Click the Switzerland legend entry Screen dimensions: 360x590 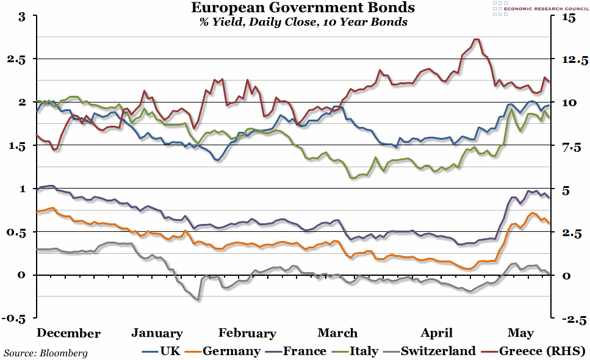tap(428, 351)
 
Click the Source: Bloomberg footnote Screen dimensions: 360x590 tap(46, 353)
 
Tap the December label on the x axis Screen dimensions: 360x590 tap(68, 333)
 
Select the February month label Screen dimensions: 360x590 tap(247, 333)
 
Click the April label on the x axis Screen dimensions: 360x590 tap(437, 333)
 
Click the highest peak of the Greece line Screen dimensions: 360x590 tap(476, 40)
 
